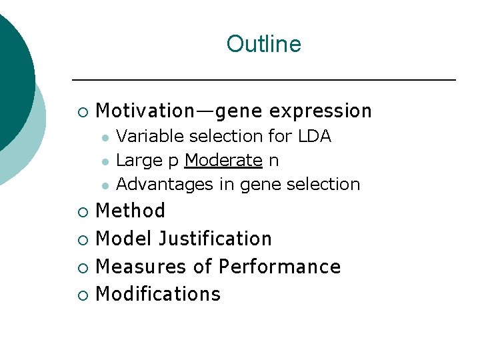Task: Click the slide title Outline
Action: click(x=263, y=44)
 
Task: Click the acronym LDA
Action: click(x=314, y=136)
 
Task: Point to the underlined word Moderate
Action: click(x=223, y=160)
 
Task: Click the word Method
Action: click(x=131, y=211)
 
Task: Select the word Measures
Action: click(x=141, y=267)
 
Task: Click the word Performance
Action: click(x=279, y=267)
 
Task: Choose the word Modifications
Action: click(x=158, y=294)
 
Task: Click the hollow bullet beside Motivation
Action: click(x=81, y=111)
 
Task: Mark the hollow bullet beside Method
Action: click(x=81, y=212)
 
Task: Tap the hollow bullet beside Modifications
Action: click(x=81, y=295)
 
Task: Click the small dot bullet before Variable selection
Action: click(x=105, y=137)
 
